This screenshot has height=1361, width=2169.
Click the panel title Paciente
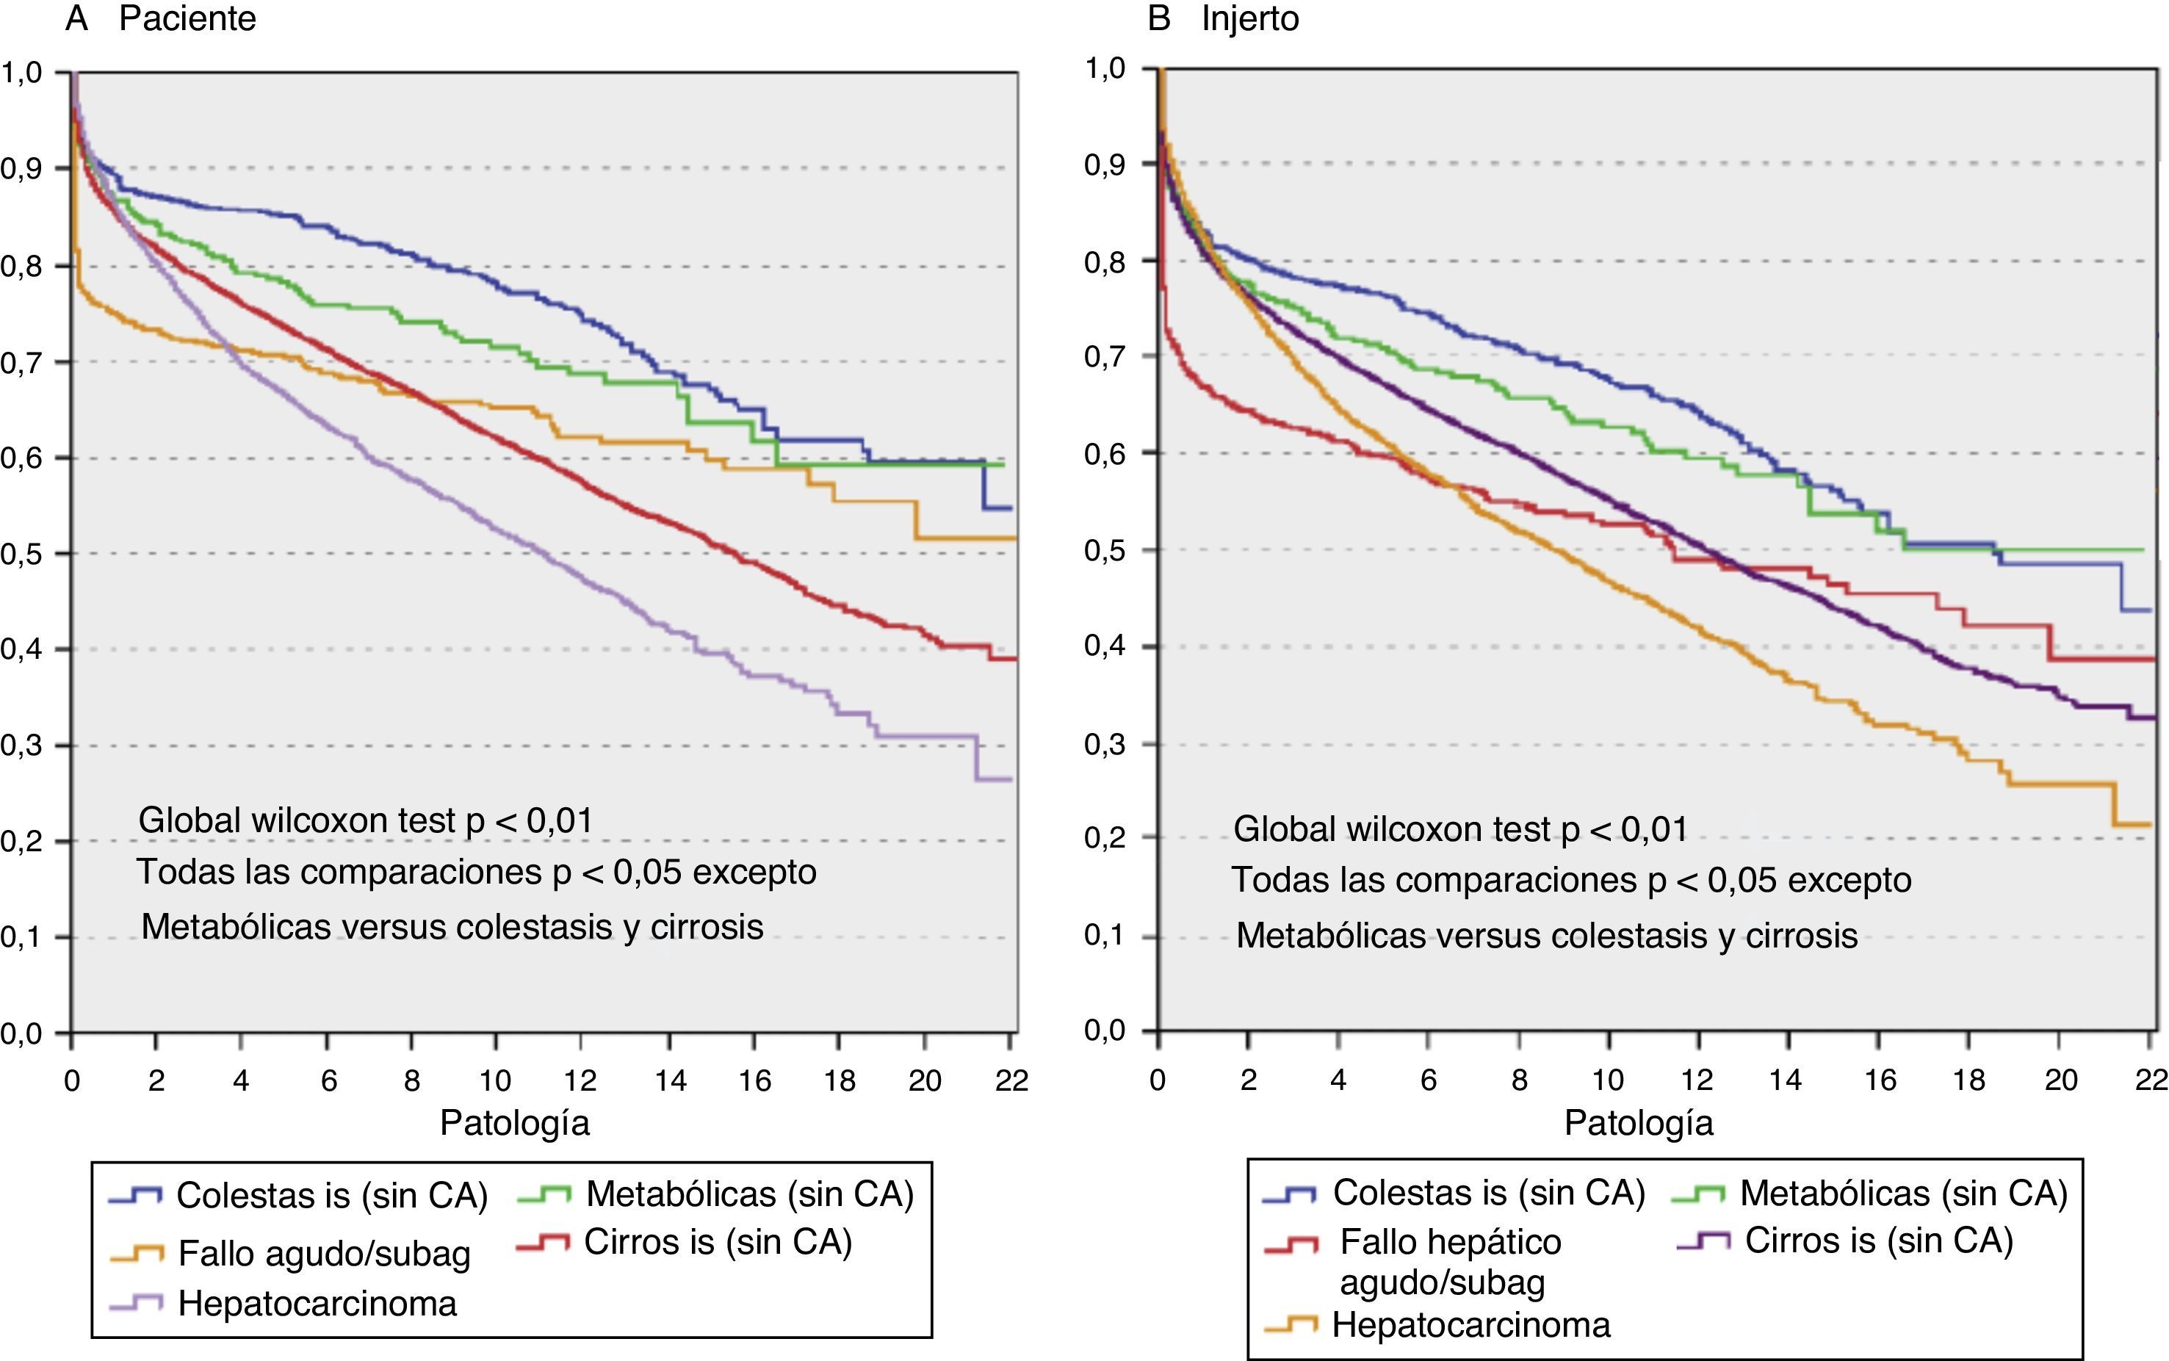point(187,19)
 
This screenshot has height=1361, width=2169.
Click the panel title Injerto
point(1250,19)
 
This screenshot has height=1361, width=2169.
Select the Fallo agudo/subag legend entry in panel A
point(324,1253)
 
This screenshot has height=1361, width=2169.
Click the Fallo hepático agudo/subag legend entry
point(1450,1261)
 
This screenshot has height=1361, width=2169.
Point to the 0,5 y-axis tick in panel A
point(21,554)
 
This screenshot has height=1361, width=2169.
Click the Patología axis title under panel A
point(515,1123)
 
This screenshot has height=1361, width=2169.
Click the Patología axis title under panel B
point(1639,1123)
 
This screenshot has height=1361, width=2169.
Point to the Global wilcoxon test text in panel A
point(365,820)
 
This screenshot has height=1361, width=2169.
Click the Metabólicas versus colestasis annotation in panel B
point(1546,935)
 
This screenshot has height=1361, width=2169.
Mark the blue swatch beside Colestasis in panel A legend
point(135,1196)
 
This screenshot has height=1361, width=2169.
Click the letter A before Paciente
point(76,19)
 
